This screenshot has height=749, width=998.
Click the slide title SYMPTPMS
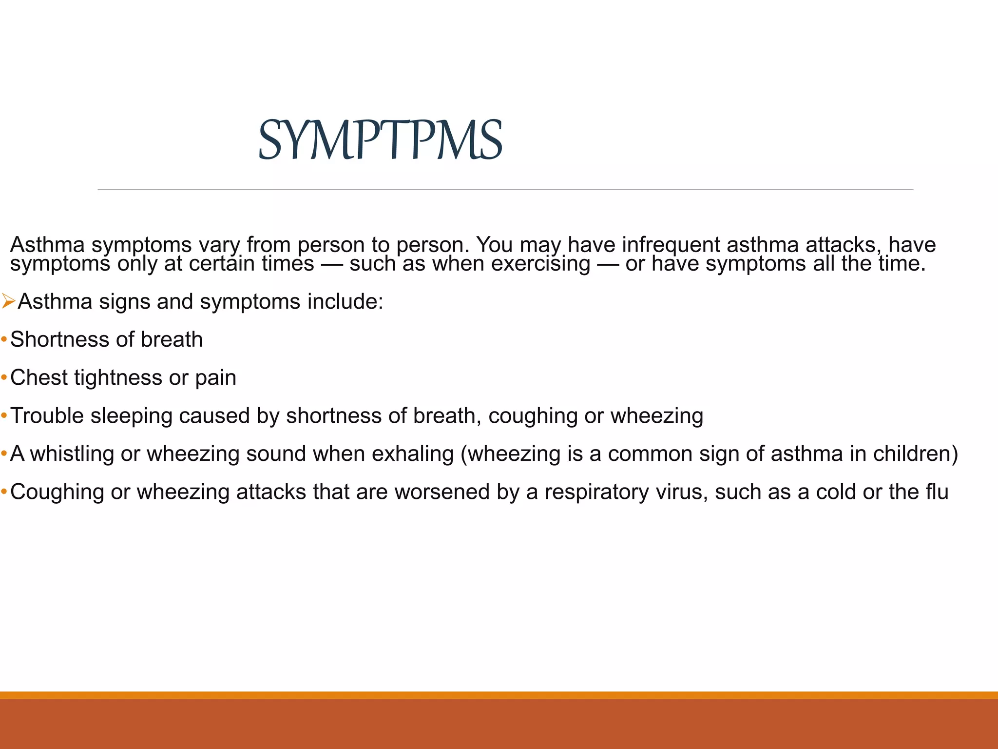coord(380,140)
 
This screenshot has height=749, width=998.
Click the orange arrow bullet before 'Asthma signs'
coord(8,301)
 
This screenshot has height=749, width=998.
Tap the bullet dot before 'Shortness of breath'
coord(4,339)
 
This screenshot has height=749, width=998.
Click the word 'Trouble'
coord(47,416)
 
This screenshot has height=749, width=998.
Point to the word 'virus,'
coord(682,492)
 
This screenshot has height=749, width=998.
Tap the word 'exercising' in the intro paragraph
coord(540,264)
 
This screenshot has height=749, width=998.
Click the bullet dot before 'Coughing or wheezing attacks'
coord(4,492)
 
